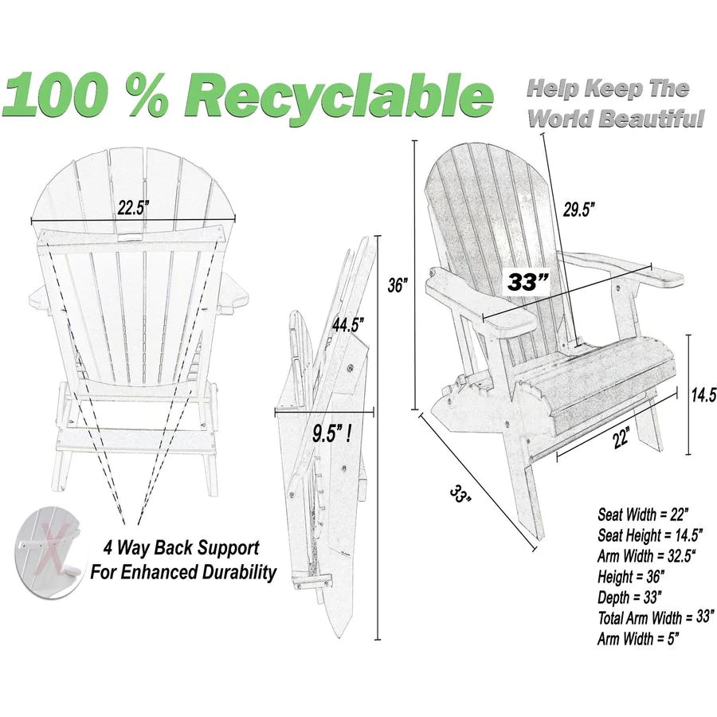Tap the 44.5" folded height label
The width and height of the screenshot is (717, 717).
347,325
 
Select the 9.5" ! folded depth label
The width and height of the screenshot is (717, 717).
332,433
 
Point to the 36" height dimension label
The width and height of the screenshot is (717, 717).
398,286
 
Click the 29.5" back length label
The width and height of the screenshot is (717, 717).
578,210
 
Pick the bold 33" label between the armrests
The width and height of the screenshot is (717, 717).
528,282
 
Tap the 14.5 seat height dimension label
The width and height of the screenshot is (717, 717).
703,395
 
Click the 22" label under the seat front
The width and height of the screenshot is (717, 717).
621,439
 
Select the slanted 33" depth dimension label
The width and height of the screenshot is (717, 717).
460,495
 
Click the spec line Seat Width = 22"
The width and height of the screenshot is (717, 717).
643,515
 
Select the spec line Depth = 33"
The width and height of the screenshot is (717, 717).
630,597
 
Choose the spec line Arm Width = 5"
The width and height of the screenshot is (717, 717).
638,638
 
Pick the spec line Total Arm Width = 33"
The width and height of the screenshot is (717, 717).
656,617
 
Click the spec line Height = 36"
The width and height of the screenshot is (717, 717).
631,577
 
